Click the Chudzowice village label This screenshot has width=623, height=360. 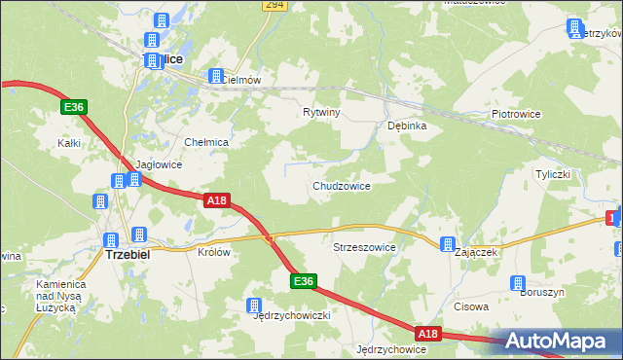(341, 185)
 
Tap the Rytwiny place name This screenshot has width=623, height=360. (321, 112)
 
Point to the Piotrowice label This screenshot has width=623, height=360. (516, 114)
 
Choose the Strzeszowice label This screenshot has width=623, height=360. (365, 247)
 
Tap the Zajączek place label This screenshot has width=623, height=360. (476, 252)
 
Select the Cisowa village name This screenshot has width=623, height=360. (470, 306)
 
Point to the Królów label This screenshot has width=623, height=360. (214, 251)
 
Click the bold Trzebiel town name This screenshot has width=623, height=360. (125, 255)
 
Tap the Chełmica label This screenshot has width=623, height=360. (206, 142)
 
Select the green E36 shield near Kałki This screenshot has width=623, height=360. (74, 108)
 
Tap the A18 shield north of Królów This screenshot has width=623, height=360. (217, 200)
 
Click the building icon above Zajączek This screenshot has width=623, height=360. (448, 244)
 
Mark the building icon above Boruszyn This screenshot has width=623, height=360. (517, 283)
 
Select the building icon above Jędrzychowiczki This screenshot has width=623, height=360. (255, 306)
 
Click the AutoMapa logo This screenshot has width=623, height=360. (559, 342)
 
